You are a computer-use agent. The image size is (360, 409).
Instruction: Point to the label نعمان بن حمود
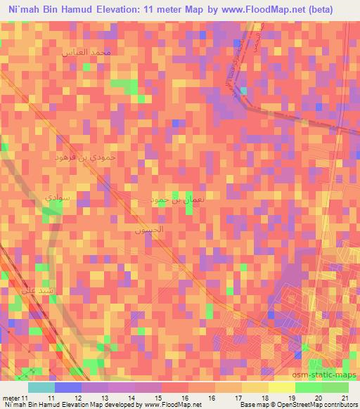pyautogui.click(x=173, y=200)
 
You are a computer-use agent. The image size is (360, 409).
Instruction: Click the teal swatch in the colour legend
pyautogui.click(x=41, y=387)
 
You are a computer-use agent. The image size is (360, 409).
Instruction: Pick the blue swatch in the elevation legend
pyautogui.click(x=68, y=387)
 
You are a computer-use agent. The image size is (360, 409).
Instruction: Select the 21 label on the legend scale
pyautogui.click(x=344, y=398)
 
